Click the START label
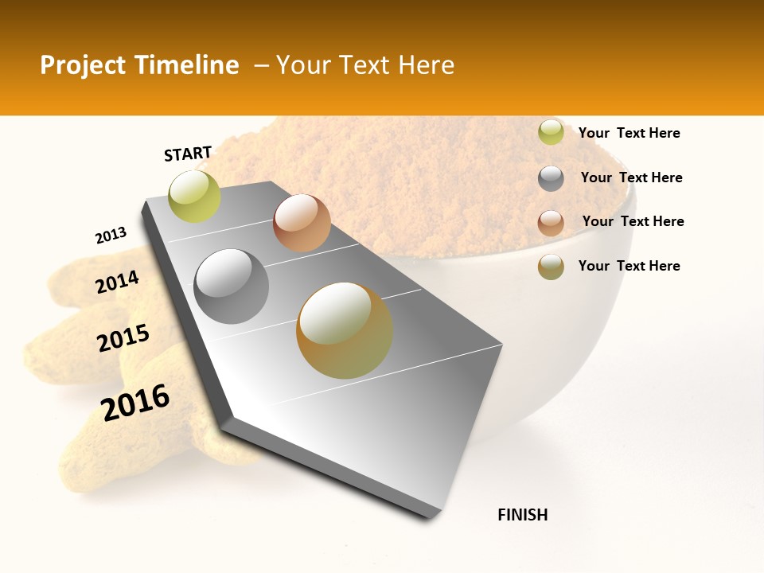[x=188, y=154]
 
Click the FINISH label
[x=522, y=515]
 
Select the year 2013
[x=111, y=236]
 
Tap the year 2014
[x=117, y=283]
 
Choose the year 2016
[x=135, y=403]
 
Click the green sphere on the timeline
[x=194, y=197]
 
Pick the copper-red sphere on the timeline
[x=302, y=223]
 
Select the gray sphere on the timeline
[x=232, y=286]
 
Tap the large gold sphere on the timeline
[x=345, y=330]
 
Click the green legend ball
[x=551, y=133]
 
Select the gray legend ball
[x=551, y=178]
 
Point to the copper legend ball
[x=551, y=222]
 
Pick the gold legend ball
[x=551, y=267]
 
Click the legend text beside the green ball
[x=629, y=133]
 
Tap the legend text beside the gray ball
[x=631, y=177]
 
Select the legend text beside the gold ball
[x=629, y=266]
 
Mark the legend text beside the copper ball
[x=633, y=221]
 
